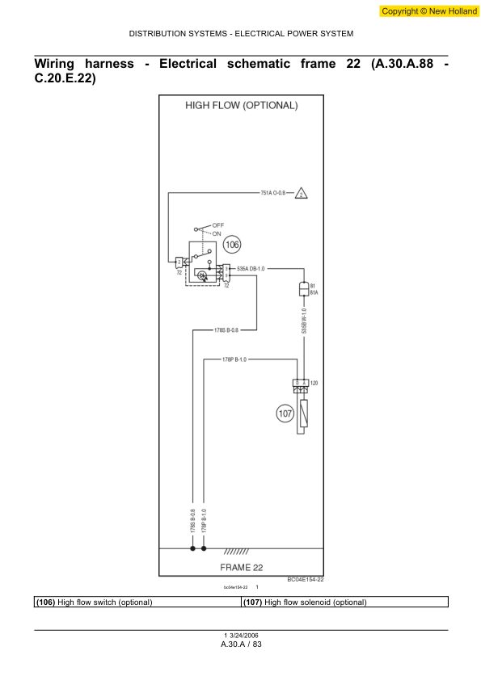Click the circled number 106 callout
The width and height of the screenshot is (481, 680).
pos(232,243)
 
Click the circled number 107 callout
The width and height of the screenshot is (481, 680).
pos(285,414)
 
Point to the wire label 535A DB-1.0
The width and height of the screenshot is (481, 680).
pos(251,267)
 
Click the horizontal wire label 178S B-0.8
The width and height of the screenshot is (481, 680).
pos(226,330)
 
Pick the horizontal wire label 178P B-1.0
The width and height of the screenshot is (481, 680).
pos(235,359)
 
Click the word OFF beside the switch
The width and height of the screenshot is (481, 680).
pos(218,224)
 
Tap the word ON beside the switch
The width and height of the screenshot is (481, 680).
pos(217,233)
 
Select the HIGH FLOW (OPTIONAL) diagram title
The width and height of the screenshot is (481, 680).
pos(242,105)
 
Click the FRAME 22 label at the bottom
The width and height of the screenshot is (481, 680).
pos(242,567)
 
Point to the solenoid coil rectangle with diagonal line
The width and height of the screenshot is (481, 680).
pos(302,413)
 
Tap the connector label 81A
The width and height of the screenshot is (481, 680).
pos(314,292)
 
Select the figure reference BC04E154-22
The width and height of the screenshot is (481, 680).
pos(306,579)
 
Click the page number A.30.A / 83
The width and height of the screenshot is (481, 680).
pos(241,644)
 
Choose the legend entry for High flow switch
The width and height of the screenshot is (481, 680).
pos(94,602)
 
